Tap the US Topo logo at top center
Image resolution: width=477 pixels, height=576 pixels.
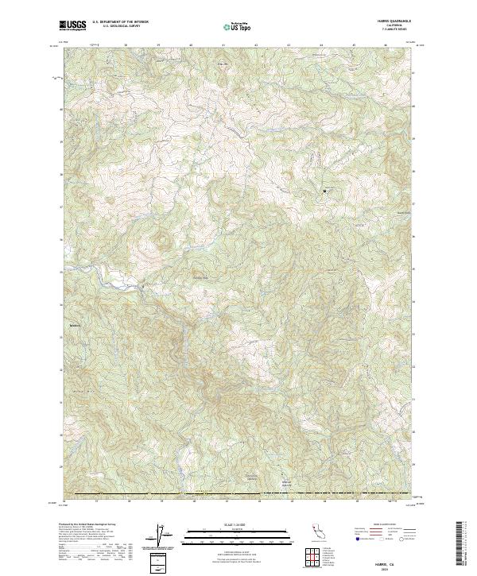238,26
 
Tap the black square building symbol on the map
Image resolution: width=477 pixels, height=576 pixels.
324,190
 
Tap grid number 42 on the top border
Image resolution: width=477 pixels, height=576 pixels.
256,45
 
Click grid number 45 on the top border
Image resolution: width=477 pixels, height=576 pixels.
354,45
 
